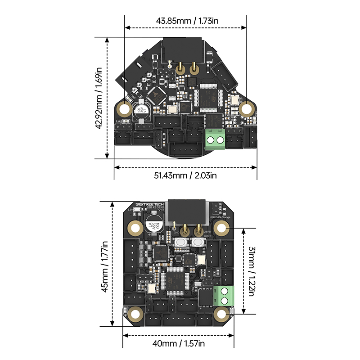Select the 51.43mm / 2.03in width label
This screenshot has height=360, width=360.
pos(185,175)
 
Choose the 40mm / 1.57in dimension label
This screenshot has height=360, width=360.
pos(179,343)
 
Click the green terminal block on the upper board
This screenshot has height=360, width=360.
pos(215,139)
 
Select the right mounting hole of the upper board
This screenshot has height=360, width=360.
pos(246,108)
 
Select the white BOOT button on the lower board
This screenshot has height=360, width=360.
pos(198,243)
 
